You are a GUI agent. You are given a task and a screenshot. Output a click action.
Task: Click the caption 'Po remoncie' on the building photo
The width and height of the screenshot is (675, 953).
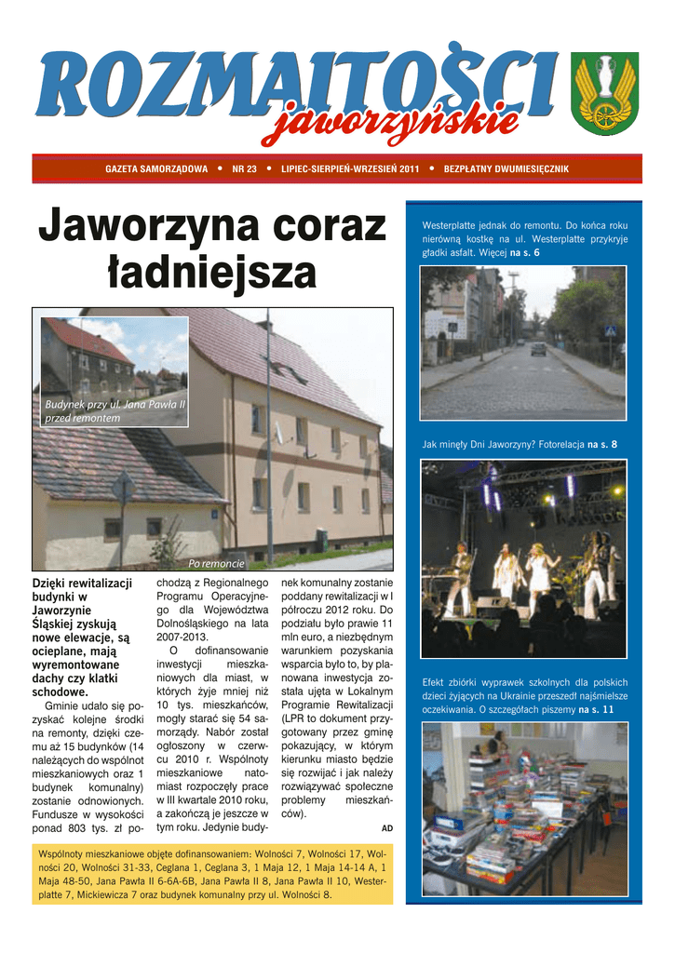coord(216,564)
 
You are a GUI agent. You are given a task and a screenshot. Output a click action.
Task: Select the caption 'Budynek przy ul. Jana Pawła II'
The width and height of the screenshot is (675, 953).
coord(115,406)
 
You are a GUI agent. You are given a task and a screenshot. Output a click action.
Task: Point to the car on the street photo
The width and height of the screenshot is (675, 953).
coord(538,349)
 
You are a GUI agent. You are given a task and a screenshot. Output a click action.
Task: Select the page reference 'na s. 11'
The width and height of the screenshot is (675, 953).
coord(596,709)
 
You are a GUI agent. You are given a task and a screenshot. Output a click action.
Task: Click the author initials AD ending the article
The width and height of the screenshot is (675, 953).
coord(387,827)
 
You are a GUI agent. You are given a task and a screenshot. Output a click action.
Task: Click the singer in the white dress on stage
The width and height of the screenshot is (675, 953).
coord(540,575)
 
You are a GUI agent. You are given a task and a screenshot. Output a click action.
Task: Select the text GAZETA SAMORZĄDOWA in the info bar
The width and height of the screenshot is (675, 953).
coord(156,169)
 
